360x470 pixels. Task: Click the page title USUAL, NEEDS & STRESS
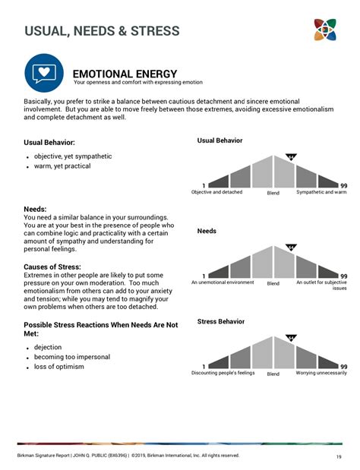pyautogui.click(x=102, y=31)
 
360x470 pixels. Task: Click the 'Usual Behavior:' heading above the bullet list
pyautogui.click(x=49, y=142)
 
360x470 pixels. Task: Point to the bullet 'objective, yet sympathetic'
pyautogui.click(x=73, y=156)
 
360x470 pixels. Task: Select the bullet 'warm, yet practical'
pyautogui.click(x=62, y=166)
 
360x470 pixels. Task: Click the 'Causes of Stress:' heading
pyautogui.click(x=55, y=267)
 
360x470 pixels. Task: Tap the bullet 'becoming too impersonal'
pyautogui.click(x=72, y=357)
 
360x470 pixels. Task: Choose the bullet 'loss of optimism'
pyautogui.click(x=59, y=367)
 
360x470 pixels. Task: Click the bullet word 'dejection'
pyautogui.click(x=49, y=347)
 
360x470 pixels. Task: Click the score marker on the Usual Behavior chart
pyautogui.click(x=291, y=157)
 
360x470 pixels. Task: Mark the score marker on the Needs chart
pyautogui.click(x=291, y=248)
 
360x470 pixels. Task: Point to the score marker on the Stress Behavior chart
pyautogui.click(x=291, y=338)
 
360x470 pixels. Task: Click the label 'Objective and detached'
pyautogui.click(x=217, y=192)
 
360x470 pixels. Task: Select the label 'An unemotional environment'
pyautogui.click(x=223, y=282)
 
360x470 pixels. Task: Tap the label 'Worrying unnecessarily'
pyautogui.click(x=321, y=373)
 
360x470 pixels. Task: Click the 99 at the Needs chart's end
pyautogui.click(x=343, y=276)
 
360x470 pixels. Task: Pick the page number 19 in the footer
pyautogui.click(x=338, y=456)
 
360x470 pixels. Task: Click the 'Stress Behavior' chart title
pyautogui.click(x=221, y=321)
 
